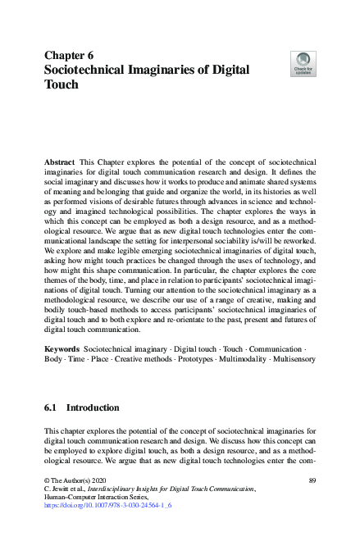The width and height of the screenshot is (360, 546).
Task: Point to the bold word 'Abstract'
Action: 61,164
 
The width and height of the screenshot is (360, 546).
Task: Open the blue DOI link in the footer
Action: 107,506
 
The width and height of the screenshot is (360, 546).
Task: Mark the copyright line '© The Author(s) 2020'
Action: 77,478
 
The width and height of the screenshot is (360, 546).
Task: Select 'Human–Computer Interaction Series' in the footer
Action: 98,497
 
